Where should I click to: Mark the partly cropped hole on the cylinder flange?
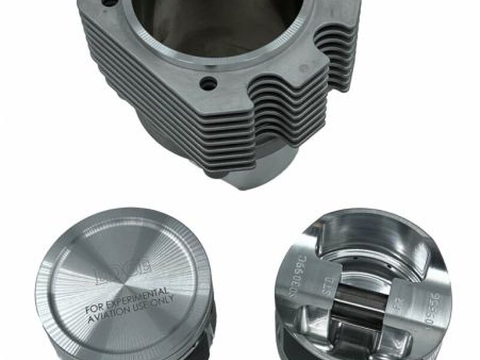coord(109,3)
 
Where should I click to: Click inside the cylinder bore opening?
coord(222,24)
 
